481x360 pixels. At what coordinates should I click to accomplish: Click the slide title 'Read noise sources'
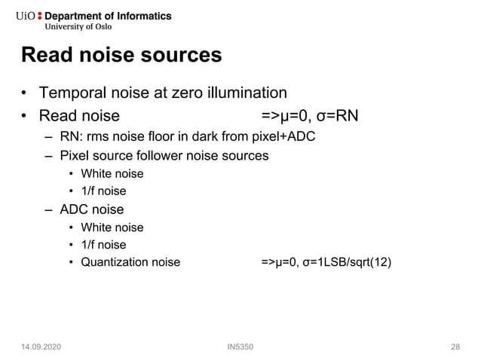[121, 55]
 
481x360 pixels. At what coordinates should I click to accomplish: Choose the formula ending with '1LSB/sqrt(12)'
[326, 262]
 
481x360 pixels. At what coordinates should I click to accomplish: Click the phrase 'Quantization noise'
[130, 262]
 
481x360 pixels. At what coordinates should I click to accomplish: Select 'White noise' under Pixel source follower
[112, 174]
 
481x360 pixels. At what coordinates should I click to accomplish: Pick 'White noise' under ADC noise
[112, 227]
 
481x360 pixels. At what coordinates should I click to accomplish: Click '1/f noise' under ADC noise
[103, 245]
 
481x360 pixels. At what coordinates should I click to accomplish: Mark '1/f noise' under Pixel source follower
[103, 191]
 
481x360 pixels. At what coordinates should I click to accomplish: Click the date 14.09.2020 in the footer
[42, 347]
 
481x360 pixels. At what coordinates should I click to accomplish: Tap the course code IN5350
[240, 347]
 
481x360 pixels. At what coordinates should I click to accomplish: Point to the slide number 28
[455, 347]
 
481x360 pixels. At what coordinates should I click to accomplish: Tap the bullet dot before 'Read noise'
[25, 117]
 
